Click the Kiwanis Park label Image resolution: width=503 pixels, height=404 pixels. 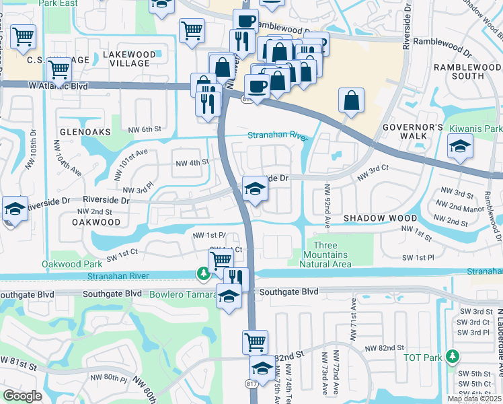[x=479, y=129]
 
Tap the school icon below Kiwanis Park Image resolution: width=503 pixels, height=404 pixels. [x=460, y=146]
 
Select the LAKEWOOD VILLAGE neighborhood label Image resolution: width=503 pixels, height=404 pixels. [x=130, y=59]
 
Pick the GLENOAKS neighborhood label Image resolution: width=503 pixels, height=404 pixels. [x=83, y=132]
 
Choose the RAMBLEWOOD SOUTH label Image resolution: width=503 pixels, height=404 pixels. [x=467, y=71]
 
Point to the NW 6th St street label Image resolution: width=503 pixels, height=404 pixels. [x=145, y=129]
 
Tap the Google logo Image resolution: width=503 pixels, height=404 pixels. [x=23, y=395]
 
